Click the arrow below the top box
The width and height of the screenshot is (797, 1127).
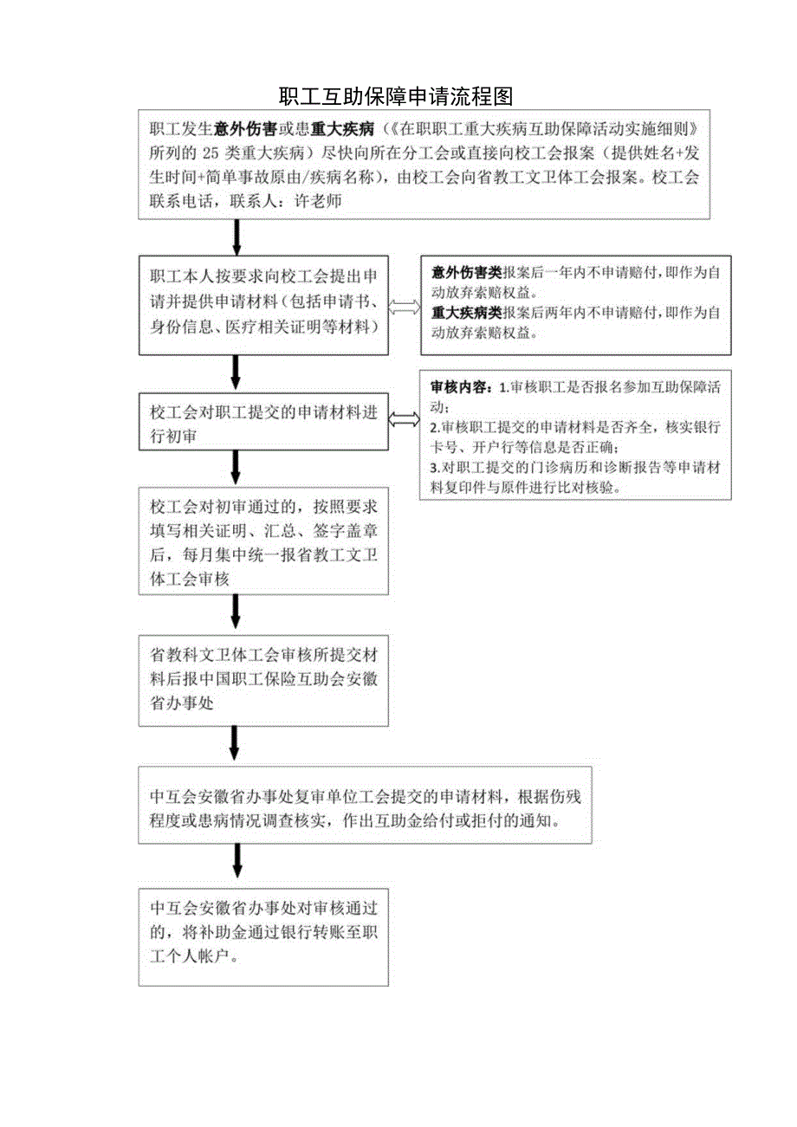pyautogui.click(x=237, y=236)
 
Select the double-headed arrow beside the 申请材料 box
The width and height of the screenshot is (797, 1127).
pyautogui.click(x=405, y=307)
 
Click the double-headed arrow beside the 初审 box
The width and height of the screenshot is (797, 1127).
pyautogui.click(x=405, y=420)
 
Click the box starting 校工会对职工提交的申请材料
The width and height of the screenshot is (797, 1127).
pyautogui.click(x=263, y=422)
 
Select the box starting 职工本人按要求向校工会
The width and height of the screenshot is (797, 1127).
pyautogui.click(x=263, y=305)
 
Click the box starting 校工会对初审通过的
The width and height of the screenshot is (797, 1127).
pyautogui.click(x=263, y=541)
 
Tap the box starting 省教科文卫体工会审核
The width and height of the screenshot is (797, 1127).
pyautogui.click(x=263, y=680)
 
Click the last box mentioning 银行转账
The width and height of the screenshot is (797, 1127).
pyautogui.click(x=263, y=936)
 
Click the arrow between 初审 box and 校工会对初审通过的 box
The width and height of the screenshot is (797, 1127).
pyautogui.click(x=237, y=468)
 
